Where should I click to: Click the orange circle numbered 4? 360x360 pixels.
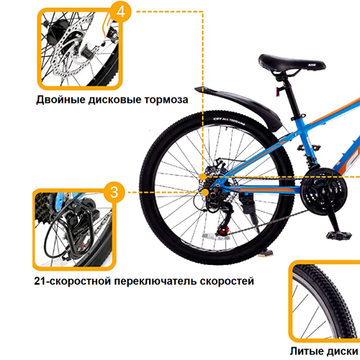tap(121, 12)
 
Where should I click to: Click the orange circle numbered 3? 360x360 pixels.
tap(114, 192)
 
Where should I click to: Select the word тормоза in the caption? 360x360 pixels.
tap(166, 100)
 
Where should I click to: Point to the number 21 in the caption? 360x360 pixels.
tap(40, 281)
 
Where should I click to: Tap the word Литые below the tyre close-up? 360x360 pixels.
tap(305, 351)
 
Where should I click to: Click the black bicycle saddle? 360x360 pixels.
tap(291, 63)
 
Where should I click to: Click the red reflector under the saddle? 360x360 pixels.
tap(279, 92)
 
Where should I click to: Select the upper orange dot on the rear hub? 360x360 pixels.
tap(203, 177)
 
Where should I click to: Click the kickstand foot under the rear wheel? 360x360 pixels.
tap(266, 253)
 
